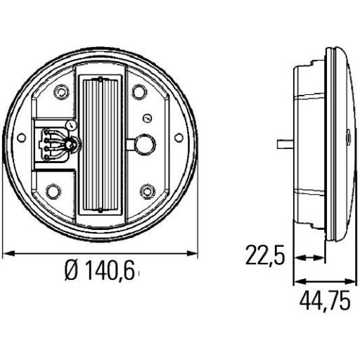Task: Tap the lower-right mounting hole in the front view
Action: pos(146,190)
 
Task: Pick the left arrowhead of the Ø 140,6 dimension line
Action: pos(8,252)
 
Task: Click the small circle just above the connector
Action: pos(73,123)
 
